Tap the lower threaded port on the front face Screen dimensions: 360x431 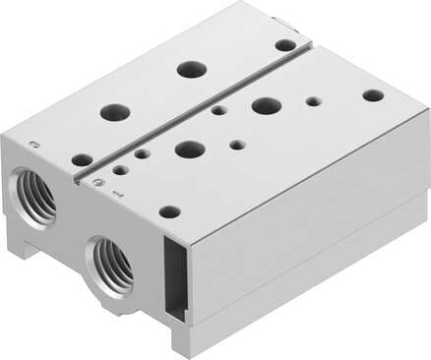(x=111, y=263)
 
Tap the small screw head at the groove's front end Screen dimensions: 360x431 (x=96, y=181)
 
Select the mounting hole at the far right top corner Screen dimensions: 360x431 (x=373, y=95)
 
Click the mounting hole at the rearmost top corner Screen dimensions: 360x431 (x=284, y=45)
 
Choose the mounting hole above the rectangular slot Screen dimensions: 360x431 (x=169, y=211)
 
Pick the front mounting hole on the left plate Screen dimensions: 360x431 (x=82, y=159)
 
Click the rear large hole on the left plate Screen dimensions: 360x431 (x=191, y=70)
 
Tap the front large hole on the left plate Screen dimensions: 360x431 (x=115, y=111)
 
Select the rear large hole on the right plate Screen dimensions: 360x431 (x=266, y=105)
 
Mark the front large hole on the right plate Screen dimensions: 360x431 (x=190, y=150)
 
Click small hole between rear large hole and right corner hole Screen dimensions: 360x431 (x=313, y=101)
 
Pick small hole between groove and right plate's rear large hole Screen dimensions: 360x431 (x=219, y=110)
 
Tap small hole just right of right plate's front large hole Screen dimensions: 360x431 (x=237, y=145)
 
